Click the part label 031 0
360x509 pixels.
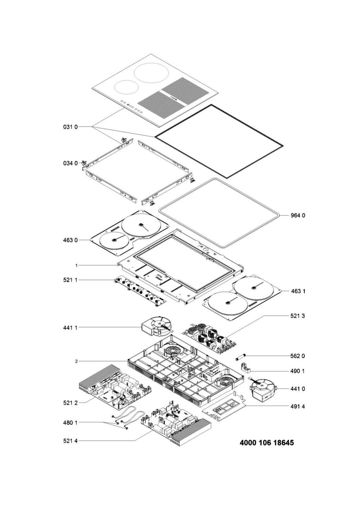70,127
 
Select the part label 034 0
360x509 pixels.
70,163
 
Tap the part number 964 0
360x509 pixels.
298,215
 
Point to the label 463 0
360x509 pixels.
70,240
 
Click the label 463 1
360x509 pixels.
298,291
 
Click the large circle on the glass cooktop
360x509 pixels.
152,73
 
